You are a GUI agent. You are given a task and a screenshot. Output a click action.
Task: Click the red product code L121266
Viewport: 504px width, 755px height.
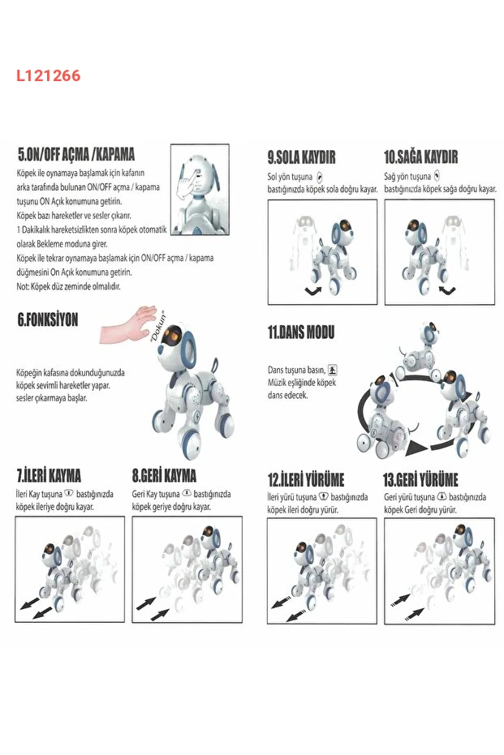click(48, 75)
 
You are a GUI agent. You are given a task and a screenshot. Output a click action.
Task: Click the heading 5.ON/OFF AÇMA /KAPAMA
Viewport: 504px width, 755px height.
click(76, 155)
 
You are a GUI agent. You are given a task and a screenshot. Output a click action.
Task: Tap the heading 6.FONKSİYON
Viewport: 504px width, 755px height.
click(48, 320)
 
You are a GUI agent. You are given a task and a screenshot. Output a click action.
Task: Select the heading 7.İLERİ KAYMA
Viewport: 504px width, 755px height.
click(49, 476)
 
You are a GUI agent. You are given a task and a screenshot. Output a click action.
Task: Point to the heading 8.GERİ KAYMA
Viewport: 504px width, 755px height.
click(164, 476)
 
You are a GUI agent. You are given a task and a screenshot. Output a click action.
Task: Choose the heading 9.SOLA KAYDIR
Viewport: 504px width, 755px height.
click(302, 157)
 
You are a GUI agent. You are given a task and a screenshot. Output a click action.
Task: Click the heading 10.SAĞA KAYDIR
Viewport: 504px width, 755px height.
click(421, 157)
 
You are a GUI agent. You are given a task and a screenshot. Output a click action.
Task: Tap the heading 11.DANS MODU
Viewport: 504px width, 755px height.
click(301, 332)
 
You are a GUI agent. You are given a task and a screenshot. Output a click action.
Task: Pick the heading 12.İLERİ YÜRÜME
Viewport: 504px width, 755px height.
click(306, 479)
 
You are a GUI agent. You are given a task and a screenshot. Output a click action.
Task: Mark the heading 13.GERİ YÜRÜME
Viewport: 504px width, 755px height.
click(420, 479)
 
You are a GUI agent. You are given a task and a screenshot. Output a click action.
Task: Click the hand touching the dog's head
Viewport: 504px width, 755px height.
click(127, 325)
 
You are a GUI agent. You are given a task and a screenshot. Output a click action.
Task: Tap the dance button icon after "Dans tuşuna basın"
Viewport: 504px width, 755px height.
click(333, 370)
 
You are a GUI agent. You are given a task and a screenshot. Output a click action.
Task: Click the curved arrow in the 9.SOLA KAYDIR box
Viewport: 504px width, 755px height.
click(312, 291)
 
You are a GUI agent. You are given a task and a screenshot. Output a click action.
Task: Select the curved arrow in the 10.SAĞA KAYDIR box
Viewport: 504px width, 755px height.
click(447, 290)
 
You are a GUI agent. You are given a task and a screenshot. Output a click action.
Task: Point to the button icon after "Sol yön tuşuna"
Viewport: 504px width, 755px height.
click(319, 178)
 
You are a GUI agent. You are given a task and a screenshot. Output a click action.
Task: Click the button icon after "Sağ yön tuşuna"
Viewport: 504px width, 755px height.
click(437, 176)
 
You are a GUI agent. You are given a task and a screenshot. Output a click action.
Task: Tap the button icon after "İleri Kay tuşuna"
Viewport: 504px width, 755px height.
click(69, 494)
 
